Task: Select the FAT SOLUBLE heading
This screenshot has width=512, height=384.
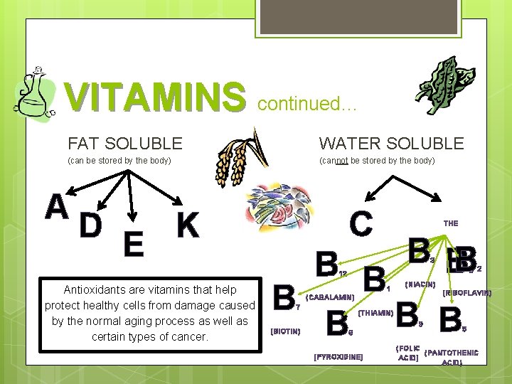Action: pyautogui.click(x=124, y=144)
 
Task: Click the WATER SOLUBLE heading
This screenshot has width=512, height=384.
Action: pyautogui.click(x=391, y=144)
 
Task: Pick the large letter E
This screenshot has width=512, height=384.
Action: pyautogui.click(x=132, y=245)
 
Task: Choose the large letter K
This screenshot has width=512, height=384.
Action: pyautogui.click(x=187, y=225)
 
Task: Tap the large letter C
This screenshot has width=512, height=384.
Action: pyautogui.click(x=361, y=223)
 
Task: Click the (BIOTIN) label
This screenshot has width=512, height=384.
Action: pyautogui.click(x=286, y=331)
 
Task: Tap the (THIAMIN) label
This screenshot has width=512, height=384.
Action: pyautogui.click(x=376, y=312)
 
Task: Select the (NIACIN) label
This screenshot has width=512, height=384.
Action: pyautogui.click(x=420, y=284)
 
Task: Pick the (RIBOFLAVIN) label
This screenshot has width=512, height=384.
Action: pyautogui.click(x=466, y=292)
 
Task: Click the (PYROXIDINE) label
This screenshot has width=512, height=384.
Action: pyautogui.click(x=338, y=356)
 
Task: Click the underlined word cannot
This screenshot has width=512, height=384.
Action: pyautogui.click(x=335, y=161)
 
